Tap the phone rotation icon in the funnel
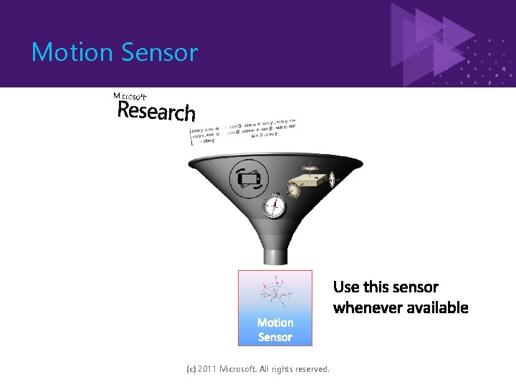248,179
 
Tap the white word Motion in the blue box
275,322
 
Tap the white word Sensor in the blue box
275,337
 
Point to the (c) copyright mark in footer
191,369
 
